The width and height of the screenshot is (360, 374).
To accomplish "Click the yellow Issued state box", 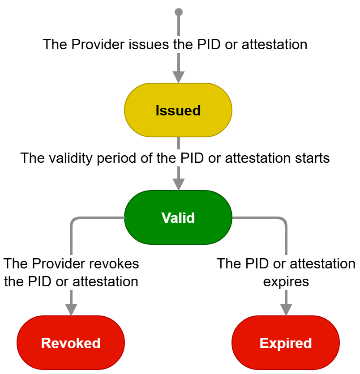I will click(178, 110).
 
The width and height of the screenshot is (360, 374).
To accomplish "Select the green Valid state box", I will click(178, 217).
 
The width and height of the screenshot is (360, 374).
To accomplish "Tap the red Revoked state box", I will click(71, 343).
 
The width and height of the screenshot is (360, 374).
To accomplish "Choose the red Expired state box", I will click(286, 343).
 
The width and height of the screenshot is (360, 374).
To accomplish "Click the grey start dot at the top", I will click(179, 12).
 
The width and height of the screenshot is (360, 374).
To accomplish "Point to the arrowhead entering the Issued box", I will click(179, 77).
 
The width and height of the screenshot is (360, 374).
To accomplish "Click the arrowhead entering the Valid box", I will click(179, 184).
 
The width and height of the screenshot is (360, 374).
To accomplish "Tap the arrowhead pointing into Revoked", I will click(71, 309).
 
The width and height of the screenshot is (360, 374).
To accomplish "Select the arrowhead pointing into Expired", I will click(286, 309).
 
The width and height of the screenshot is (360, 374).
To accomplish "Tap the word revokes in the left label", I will click(116, 263).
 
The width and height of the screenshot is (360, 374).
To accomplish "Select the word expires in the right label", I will click(286, 282).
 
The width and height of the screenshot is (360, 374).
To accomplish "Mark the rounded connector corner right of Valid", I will click(284, 220).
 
